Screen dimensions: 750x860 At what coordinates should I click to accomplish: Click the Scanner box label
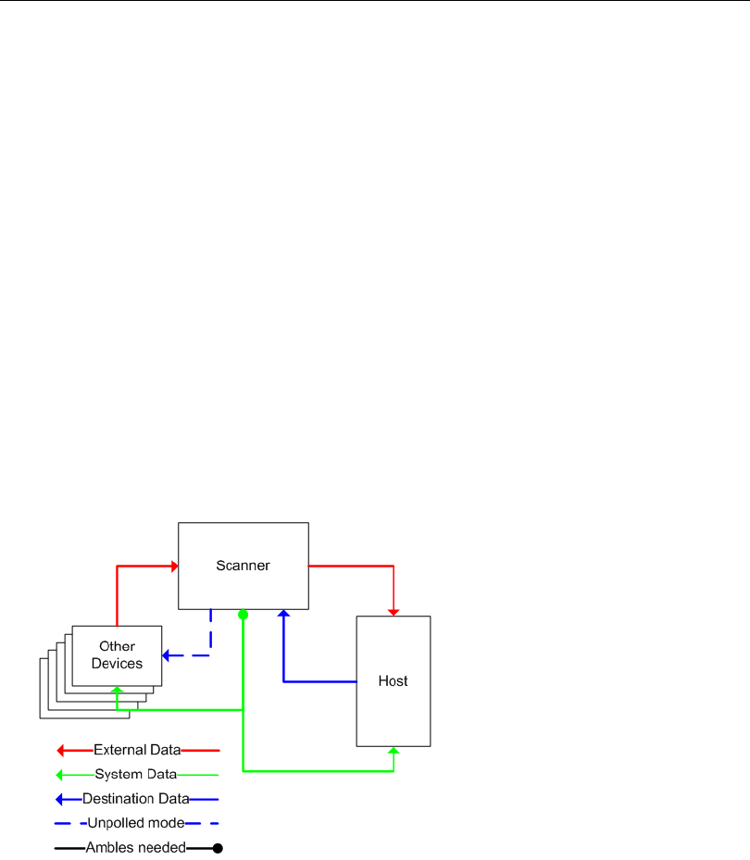243,566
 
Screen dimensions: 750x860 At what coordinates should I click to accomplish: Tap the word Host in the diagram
393,681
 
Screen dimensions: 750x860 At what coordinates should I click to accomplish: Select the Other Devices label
117,654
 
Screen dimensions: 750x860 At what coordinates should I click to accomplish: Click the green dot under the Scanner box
243,615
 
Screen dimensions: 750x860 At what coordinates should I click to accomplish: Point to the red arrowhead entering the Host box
394,611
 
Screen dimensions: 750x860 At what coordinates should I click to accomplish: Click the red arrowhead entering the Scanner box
173,565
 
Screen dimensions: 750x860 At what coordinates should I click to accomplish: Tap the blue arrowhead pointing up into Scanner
283,613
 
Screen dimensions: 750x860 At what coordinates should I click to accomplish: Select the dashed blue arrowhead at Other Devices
167,655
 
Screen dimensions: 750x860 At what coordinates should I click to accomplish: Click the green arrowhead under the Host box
394,751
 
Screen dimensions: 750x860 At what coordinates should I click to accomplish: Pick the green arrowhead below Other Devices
117,690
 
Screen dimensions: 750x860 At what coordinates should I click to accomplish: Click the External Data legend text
137,750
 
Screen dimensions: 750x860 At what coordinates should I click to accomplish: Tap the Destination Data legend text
136,798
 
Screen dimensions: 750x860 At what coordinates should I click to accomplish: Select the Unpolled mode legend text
136,822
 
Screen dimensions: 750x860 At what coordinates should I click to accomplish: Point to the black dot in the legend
218,847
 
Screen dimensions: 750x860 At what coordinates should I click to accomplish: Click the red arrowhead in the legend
60,750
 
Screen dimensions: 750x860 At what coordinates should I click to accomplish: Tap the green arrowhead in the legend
59,774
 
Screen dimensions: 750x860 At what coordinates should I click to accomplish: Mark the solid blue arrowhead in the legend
60,798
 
